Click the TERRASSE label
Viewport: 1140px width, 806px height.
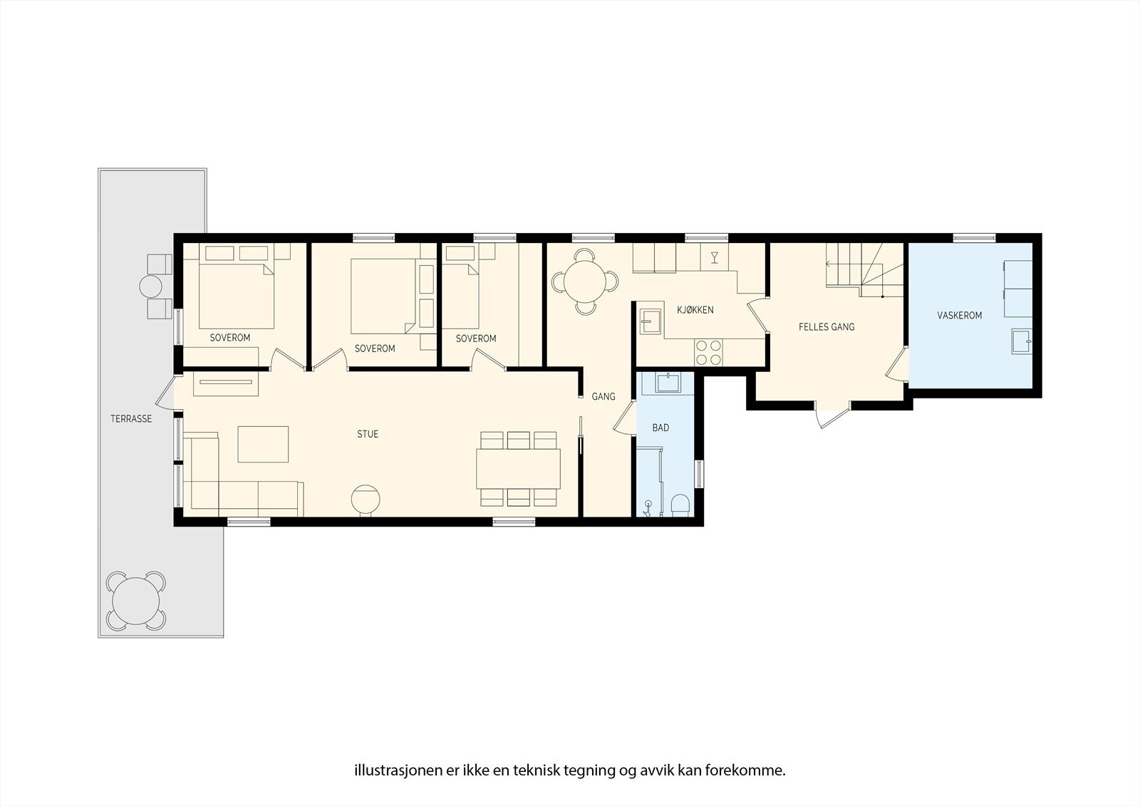point(131,419)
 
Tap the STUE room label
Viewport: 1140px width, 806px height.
point(368,434)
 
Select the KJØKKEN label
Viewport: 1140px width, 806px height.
point(695,309)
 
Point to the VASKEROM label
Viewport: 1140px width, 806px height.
point(959,316)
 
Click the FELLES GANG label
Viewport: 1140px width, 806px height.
point(826,327)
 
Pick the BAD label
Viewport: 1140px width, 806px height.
point(660,428)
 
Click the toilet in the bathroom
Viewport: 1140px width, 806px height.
point(680,505)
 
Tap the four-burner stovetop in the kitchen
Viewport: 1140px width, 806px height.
point(708,352)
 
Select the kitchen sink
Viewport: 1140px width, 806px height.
point(650,321)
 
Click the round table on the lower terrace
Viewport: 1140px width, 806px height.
point(136,601)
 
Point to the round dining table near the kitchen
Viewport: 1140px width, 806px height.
point(585,281)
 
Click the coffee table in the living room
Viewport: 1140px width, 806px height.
point(263,445)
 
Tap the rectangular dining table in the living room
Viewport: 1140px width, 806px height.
point(518,468)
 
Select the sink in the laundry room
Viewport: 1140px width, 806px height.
point(1022,341)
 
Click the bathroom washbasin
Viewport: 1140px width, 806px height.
point(668,383)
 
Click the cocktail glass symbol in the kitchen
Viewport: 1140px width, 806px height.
point(715,257)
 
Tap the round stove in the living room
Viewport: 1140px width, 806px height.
point(366,500)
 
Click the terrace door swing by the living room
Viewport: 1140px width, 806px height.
point(165,392)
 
